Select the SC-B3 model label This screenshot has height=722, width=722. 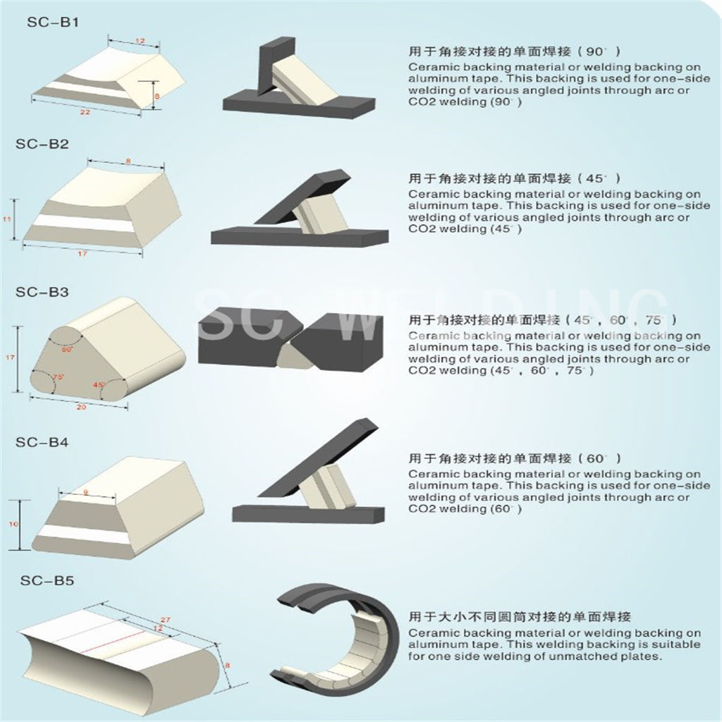pos(42,291)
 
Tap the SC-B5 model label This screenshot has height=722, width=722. pos(47,581)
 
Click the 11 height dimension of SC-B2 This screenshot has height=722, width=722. pos(7,220)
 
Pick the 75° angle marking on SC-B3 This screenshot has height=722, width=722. pos(59,377)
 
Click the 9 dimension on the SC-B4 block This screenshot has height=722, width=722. pos(85,491)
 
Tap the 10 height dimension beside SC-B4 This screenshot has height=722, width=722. pos(12,525)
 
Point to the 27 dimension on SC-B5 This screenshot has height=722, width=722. pos(167,618)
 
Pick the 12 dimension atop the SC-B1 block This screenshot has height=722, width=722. pos(138,42)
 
